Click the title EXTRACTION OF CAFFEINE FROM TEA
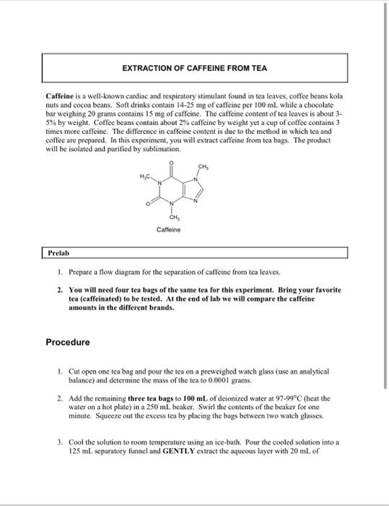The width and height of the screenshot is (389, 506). coord(194,69)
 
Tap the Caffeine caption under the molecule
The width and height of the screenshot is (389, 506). coord(167,229)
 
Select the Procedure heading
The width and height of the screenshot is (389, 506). coord(68,342)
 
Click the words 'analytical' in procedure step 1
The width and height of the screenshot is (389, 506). coord(310,371)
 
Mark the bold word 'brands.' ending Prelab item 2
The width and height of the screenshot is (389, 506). coord(158,307)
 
